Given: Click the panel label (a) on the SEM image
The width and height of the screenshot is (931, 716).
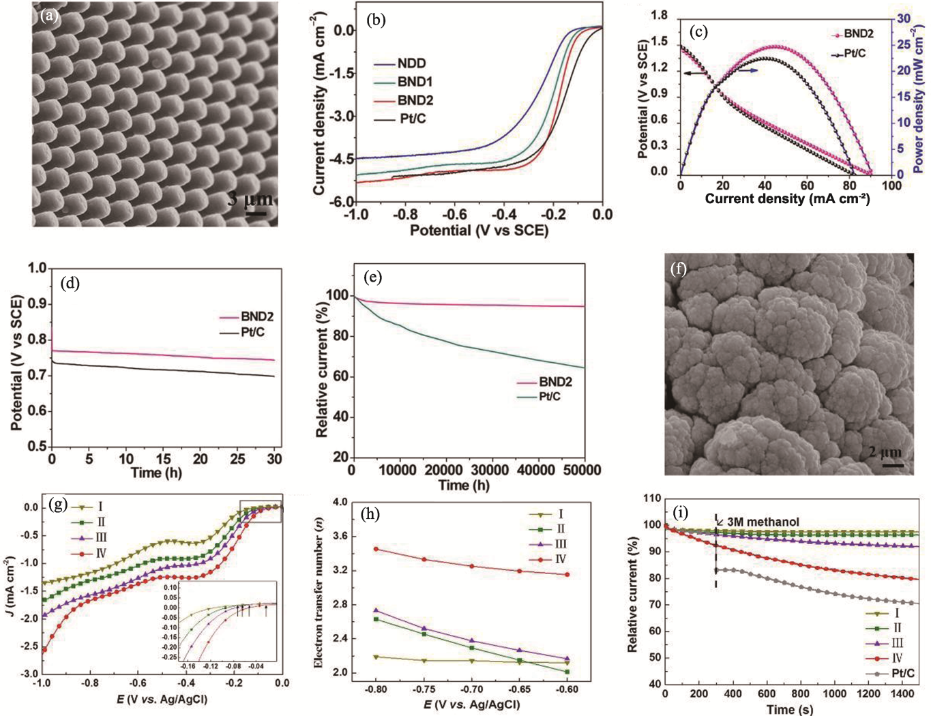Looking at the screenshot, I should tap(49, 15).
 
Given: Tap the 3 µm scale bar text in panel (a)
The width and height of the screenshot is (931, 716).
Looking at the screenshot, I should tap(250, 200).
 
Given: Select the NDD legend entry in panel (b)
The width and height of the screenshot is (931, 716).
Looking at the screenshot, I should tap(411, 63).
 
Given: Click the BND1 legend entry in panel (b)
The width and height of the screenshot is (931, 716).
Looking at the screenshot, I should tap(415, 82).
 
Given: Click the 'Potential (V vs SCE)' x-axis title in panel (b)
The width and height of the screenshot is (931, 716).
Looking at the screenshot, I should tap(479, 230).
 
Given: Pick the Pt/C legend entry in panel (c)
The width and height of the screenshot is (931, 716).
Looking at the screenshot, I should tap(855, 53).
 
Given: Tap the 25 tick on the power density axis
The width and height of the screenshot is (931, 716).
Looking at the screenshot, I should tap(903, 45).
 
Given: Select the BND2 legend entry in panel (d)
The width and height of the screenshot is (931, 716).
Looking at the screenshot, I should tap(256, 317).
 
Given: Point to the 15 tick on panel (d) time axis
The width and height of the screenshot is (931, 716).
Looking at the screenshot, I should tap(164, 459).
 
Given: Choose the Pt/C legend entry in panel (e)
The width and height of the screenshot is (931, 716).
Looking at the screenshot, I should tap(550, 397).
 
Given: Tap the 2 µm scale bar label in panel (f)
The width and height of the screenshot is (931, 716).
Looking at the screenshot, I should tap(885, 452).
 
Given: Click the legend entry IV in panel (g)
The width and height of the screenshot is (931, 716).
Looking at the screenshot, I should tap(100, 553).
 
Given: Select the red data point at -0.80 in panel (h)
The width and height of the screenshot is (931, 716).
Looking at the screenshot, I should tap(375, 549).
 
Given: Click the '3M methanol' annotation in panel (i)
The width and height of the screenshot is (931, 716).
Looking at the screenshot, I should tap(763, 522).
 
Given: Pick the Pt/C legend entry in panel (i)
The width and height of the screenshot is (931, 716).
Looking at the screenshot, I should tap(902, 674).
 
